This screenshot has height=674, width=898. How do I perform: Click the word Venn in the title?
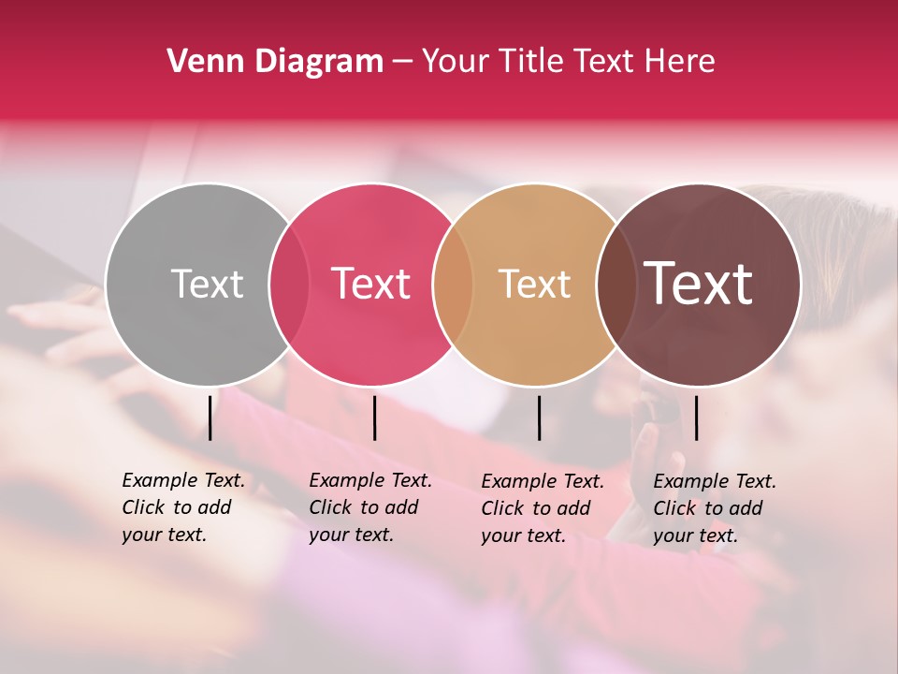click(x=200, y=61)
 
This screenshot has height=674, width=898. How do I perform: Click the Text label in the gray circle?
click(x=207, y=284)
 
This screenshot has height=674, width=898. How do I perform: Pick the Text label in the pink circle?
click(x=370, y=284)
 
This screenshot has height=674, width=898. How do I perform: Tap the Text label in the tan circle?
click(x=534, y=284)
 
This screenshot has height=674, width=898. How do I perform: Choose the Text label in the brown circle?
click(x=699, y=284)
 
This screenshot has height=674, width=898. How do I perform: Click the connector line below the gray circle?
click(x=210, y=418)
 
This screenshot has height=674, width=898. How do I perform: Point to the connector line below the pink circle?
click(x=374, y=418)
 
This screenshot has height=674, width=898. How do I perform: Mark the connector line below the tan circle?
click(x=540, y=418)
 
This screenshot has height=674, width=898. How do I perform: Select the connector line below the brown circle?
click(x=696, y=418)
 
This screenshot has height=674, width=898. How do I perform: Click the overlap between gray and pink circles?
click(x=289, y=284)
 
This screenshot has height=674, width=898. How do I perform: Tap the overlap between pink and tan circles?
click(x=453, y=284)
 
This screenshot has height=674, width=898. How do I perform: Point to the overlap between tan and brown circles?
click(x=616, y=284)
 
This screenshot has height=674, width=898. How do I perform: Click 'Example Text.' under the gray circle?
click(x=183, y=480)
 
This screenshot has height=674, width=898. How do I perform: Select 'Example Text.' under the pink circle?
click(x=370, y=480)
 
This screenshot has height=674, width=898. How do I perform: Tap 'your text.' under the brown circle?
click(x=696, y=535)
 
